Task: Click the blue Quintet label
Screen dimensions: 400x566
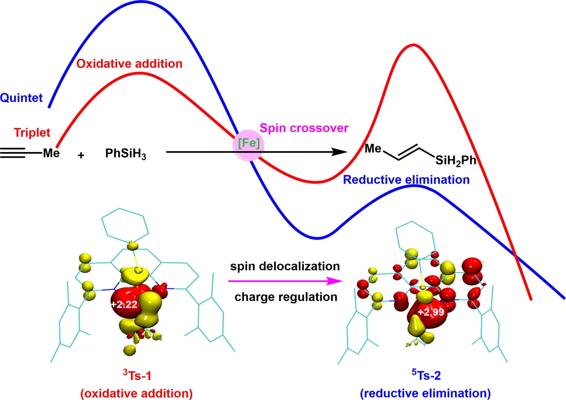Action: point(21,98)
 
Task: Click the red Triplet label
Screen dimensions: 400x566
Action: point(32,133)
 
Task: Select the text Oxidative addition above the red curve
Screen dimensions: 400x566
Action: point(129,64)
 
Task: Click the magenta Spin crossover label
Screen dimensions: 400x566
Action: point(304,128)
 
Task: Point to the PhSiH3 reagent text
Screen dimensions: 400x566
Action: point(125,153)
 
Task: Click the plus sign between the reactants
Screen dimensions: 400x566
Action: point(81,155)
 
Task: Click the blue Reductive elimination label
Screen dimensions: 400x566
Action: point(406,180)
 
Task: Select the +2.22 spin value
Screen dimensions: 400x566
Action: point(124,304)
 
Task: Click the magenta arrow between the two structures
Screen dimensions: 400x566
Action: point(285,281)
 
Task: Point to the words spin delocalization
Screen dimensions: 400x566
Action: point(285,266)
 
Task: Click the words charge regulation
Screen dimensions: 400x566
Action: point(286,297)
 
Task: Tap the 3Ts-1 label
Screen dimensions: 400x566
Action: point(137,376)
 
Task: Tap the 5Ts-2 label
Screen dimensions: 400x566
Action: point(426,375)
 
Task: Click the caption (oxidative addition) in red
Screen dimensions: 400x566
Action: point(137,393)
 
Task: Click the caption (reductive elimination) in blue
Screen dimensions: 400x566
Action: point(425,393)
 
